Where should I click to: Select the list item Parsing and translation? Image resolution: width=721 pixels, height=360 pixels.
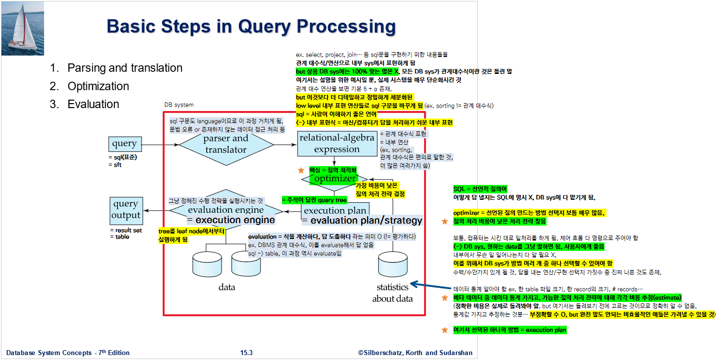(125, 68)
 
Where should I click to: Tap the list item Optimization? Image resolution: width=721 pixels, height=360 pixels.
(98, 86)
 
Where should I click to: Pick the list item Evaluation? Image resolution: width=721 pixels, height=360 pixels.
(93, 104)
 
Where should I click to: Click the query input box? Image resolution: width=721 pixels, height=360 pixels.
(124, 144)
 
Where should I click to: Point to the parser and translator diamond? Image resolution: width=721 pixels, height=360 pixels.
(226, 144)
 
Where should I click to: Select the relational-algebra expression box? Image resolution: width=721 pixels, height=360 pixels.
(336, 144)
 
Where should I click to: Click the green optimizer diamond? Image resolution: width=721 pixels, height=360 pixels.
(335, 179)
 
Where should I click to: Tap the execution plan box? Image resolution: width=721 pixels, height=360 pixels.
(335, 211)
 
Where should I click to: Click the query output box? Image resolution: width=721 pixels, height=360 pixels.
(126, 210)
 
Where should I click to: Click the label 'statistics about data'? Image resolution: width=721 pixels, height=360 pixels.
(392, 293)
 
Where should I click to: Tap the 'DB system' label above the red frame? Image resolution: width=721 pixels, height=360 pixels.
(179, 105)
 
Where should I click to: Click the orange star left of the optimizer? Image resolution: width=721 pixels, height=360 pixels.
(300, 171)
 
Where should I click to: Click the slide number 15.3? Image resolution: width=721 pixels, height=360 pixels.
(246, 353)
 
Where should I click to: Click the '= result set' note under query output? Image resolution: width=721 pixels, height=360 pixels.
(125, 231)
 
